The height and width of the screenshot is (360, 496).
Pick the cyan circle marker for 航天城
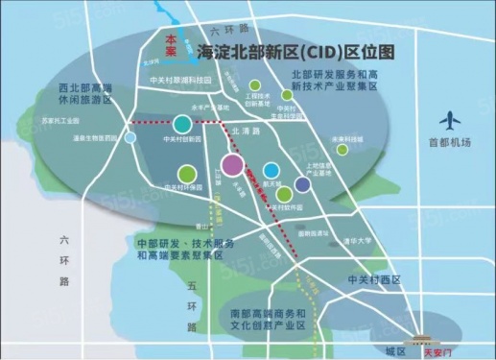coord(272,170)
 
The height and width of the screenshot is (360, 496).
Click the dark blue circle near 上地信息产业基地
coord(303,183)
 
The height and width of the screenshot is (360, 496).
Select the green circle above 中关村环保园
coord(186,175)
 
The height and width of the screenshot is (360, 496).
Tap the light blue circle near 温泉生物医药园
coord(131,137)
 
